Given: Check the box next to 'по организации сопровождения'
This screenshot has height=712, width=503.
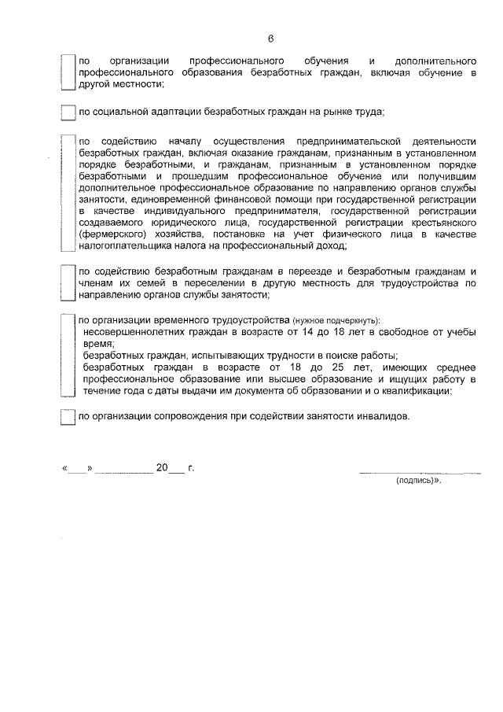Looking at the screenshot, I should coord(67,417).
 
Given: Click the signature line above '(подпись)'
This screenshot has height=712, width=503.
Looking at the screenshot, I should coord(419,472).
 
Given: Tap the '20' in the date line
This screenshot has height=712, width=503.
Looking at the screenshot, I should coord(162,468).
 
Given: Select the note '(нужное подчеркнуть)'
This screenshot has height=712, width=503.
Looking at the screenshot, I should coord(336,321).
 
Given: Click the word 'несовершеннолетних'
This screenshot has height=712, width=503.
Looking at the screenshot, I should coord(133,332).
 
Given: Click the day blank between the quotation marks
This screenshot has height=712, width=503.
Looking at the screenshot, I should coord(77,469).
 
